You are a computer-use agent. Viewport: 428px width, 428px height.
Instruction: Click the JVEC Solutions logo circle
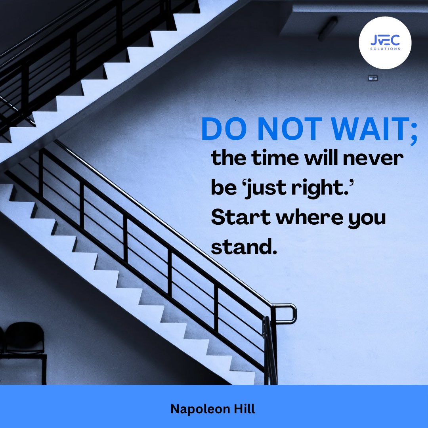pos(385,43)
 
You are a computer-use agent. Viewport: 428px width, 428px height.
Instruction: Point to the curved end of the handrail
pos(291,313)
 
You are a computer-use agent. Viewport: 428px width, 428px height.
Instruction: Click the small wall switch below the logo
pos(373,78)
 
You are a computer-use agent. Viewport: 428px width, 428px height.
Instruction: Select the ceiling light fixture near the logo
pos(327,29)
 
